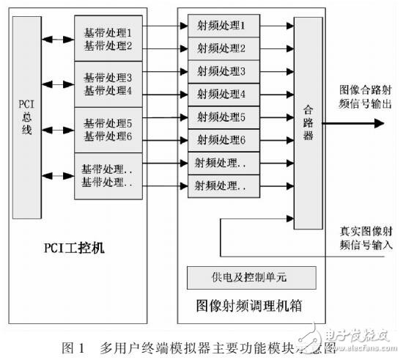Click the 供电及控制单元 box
[251, 278]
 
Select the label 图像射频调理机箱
[251, 304]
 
